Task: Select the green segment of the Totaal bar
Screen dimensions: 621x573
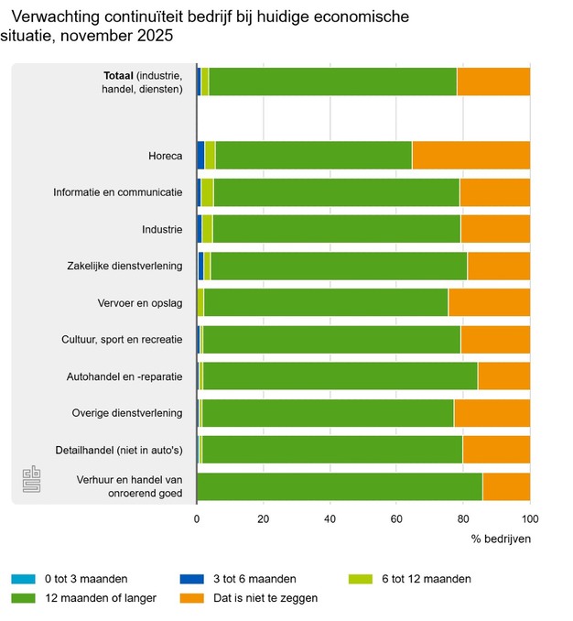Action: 332,82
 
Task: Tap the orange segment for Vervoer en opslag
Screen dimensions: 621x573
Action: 490,302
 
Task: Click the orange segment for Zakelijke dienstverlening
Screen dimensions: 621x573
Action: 499,266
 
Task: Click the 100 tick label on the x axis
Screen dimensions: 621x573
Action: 530,519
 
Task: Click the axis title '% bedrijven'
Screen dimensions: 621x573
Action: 501,539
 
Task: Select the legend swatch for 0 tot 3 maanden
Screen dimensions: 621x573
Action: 23,579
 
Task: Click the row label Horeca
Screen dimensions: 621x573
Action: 166,156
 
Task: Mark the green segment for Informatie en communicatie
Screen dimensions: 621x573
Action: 336,192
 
